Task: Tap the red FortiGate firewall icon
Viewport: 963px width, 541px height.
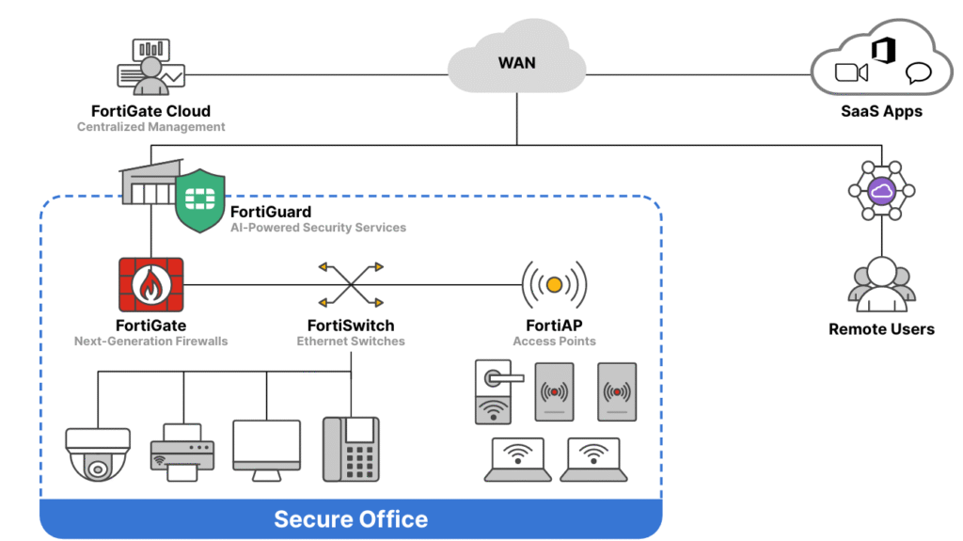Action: click(x=150, y=284)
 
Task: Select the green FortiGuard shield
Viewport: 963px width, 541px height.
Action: click(x=200, y=199)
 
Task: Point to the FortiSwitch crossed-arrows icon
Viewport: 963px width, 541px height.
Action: click(x=351, y=284)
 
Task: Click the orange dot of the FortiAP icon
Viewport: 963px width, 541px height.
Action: click(x=555, y=284)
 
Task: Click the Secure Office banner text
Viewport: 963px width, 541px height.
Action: click(x=351, y=518)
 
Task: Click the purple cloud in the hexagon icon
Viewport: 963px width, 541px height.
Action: click(x=881, y=192)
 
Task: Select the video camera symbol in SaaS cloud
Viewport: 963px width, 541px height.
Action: click(x=850, y=72)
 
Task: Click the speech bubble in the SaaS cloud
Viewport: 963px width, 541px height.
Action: click(x=918, y=73)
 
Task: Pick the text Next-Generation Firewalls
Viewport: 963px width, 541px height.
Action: click(x=150, y=341)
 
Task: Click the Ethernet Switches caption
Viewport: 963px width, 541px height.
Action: click(x=351, y=341)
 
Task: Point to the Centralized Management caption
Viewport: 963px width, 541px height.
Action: click(x=150, y=127)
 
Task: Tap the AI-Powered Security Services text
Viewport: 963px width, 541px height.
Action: click(x=318, y=228)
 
